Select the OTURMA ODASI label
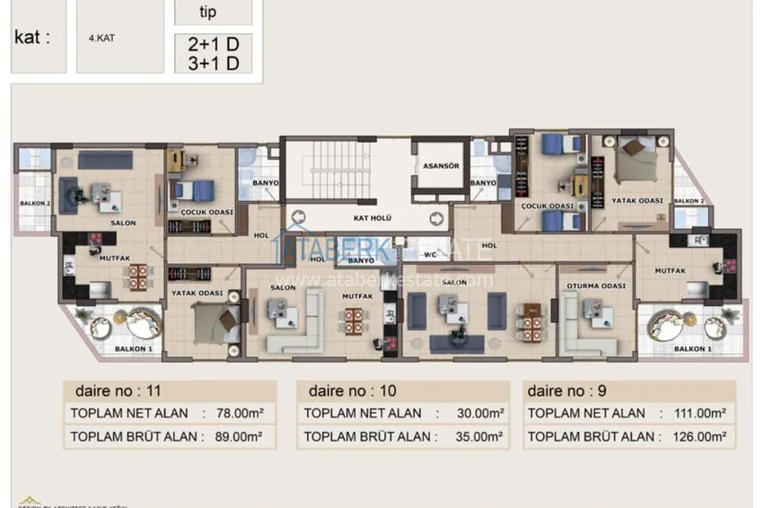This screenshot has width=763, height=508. point(593,286)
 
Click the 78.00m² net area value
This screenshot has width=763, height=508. point(232,414)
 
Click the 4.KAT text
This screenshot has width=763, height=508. point(101,39)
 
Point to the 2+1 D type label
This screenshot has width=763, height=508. point(213,42)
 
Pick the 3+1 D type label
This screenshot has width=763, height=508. point(213,62)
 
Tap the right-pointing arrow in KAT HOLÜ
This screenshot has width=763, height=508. point(435,218)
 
